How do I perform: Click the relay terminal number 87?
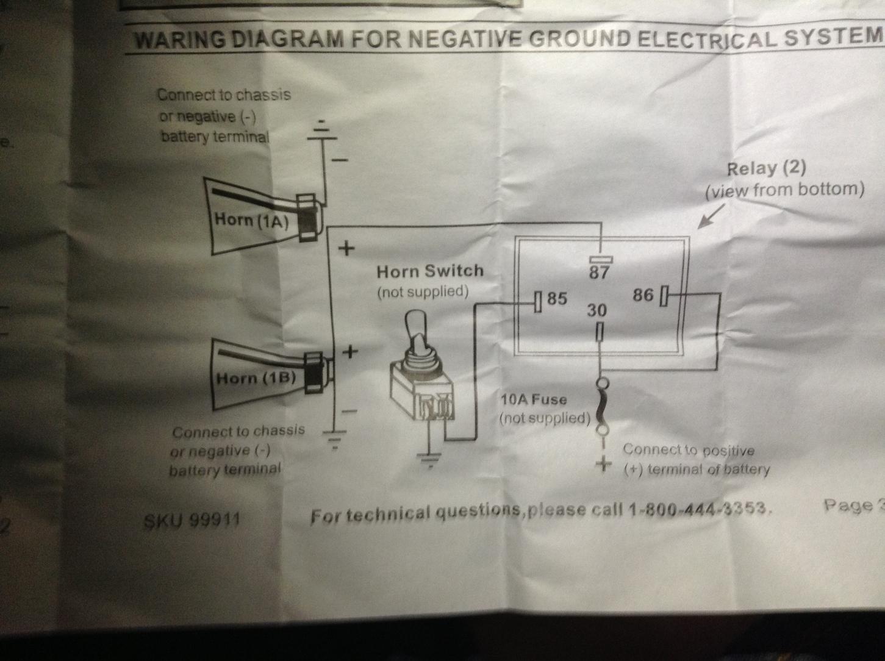599,273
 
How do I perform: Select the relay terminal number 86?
643,295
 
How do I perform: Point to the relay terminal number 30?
597,310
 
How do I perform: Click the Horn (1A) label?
251,221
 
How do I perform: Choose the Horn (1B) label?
256,378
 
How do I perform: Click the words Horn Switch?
430,271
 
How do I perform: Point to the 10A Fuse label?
534,399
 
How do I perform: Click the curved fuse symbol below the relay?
603,407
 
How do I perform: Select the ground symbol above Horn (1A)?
322,130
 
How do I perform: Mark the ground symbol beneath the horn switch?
431,460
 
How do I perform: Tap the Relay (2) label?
766,168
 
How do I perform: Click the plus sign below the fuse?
604,463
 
